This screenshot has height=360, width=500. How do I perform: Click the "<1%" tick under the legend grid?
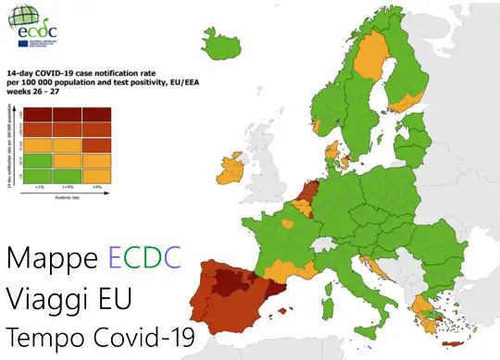click(x=39, y=187)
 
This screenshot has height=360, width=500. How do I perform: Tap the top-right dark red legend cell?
click(x=97, y=114)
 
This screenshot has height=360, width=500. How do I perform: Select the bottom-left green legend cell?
click(x=37, y=175)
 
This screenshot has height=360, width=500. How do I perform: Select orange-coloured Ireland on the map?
click(x=228, y=170)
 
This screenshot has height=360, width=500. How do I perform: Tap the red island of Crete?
click(x=455, y=346)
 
